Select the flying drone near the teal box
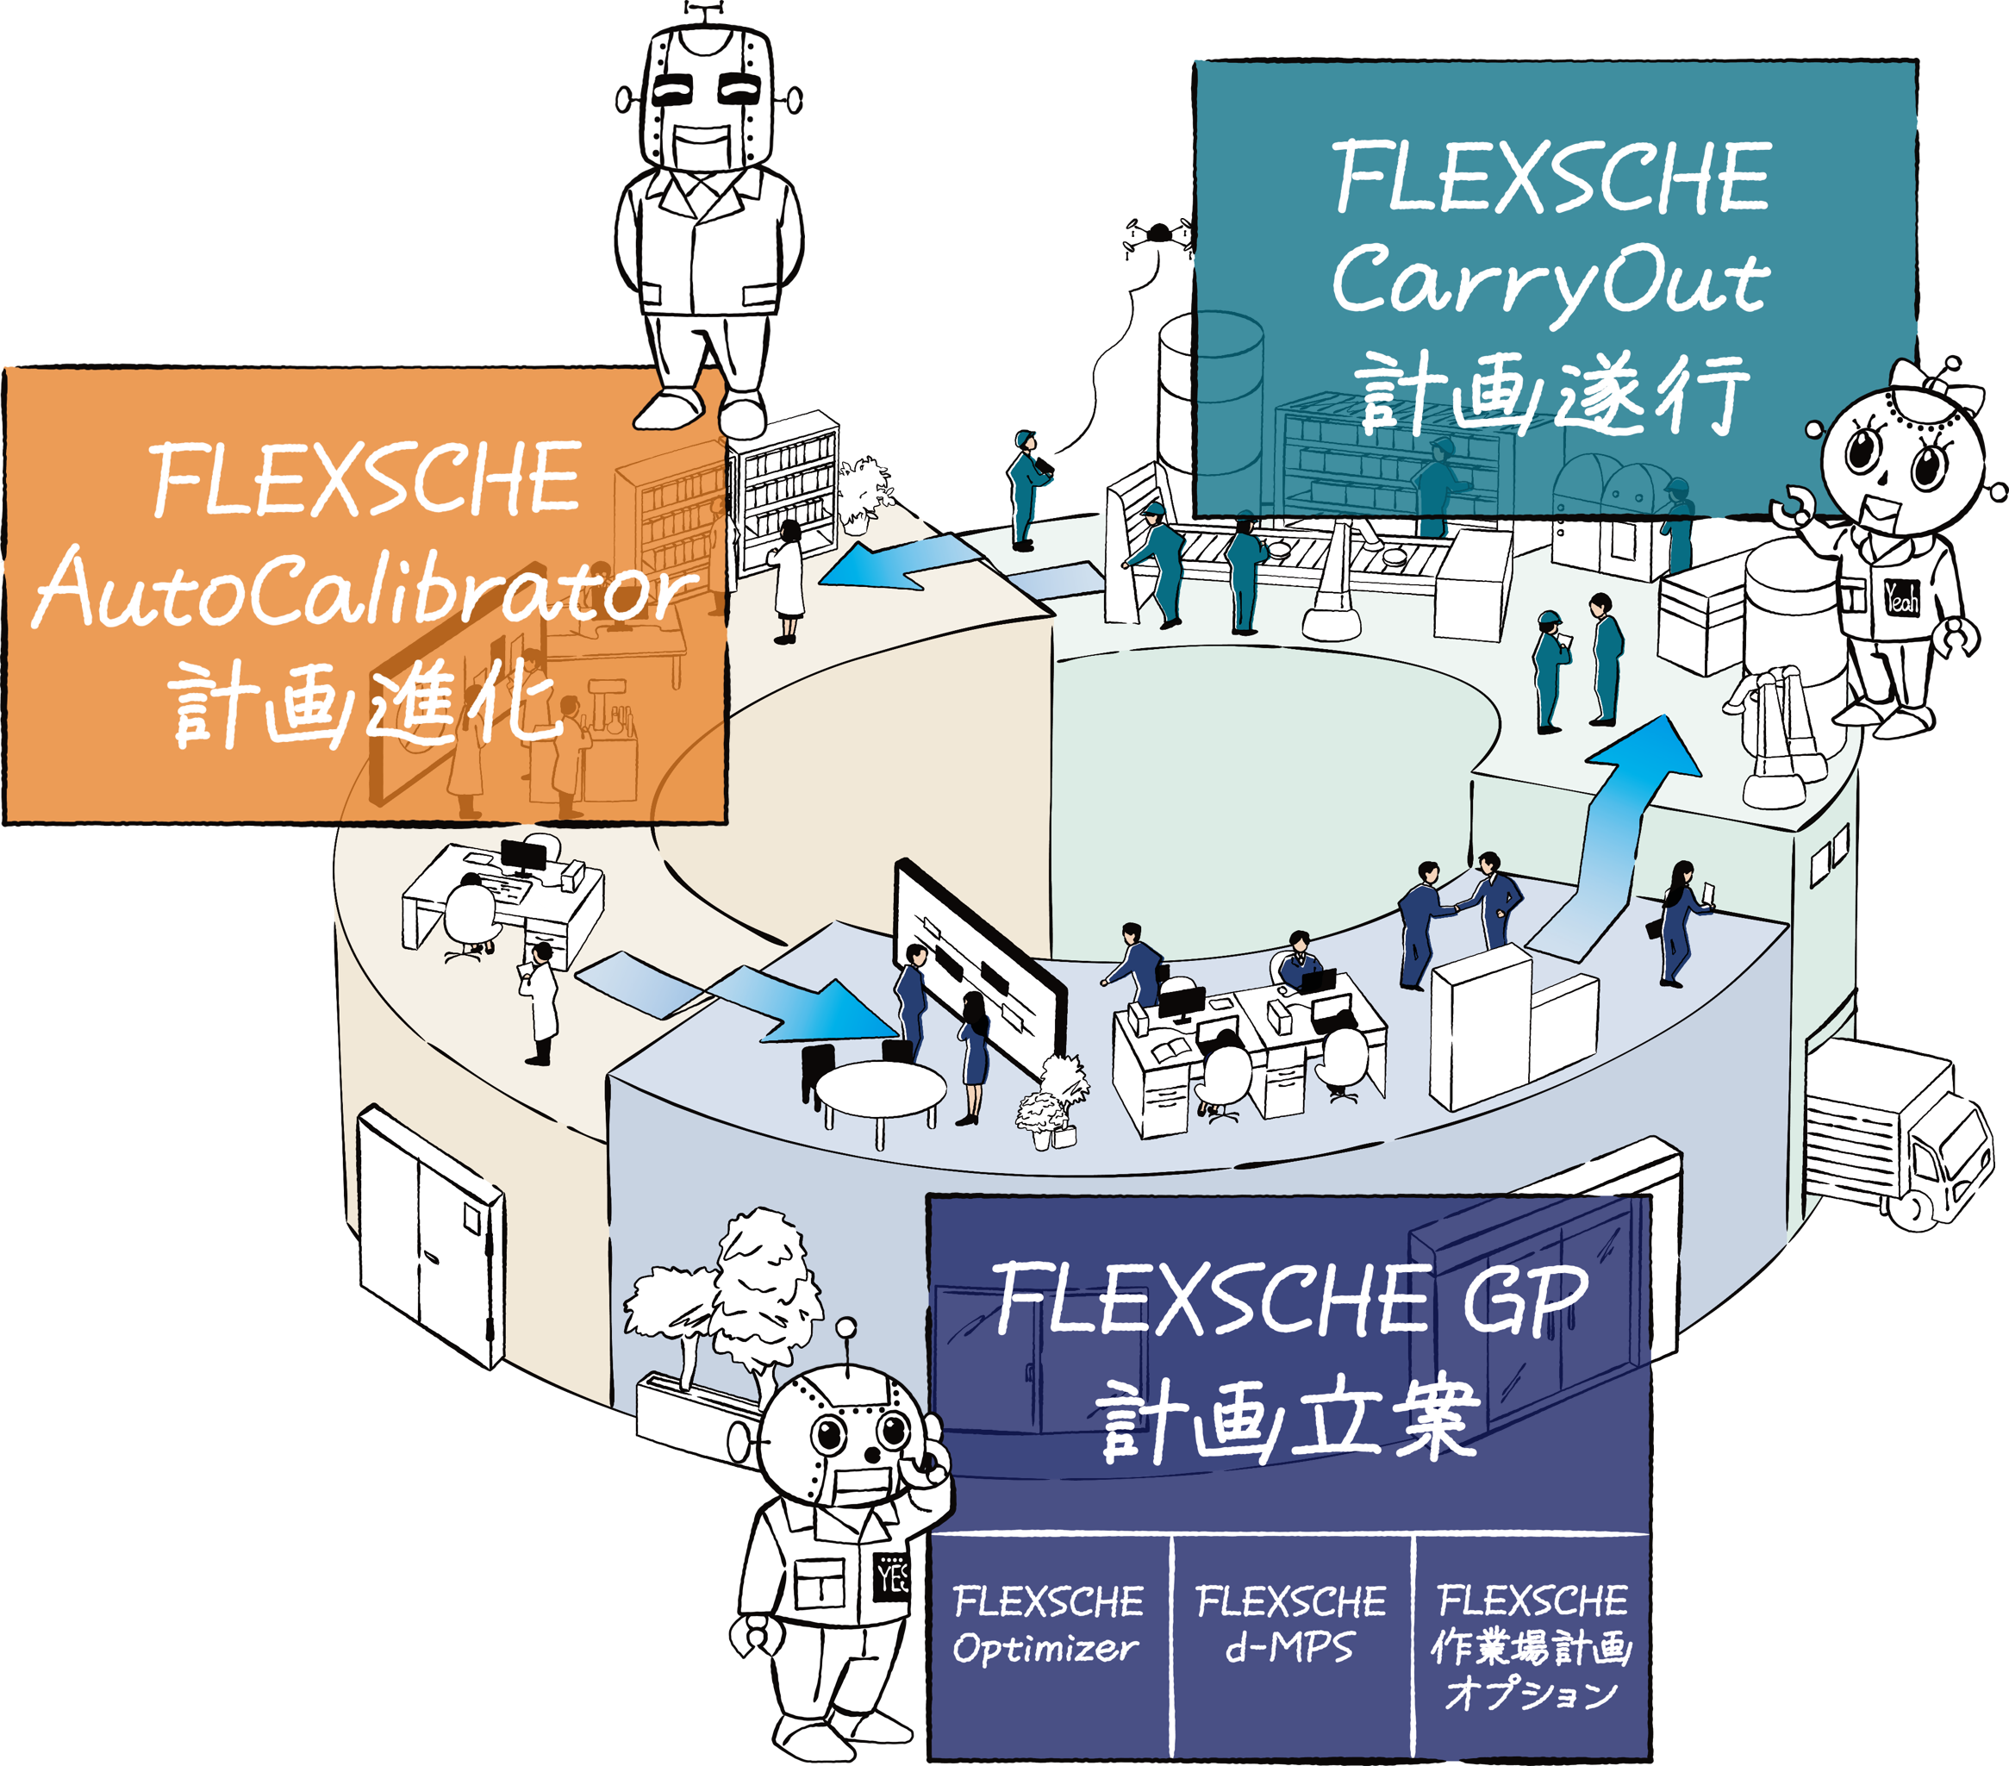tap(1160, 236)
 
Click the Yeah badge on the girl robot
tap(1901, 596)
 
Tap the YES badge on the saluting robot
tap(891, 1577)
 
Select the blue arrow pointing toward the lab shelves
tap(902, 562)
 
